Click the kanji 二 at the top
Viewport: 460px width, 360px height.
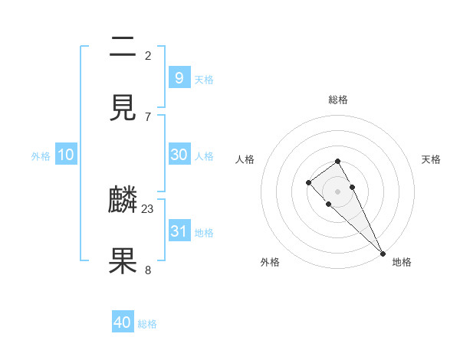pos(123,47)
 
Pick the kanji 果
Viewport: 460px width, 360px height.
pos(123,260)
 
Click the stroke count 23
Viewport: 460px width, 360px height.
pos(148,208)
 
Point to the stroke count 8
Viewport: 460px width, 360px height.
pos(148,270)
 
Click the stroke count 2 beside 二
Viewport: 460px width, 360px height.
pos(148,55)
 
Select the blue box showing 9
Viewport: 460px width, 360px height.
pos(179,77)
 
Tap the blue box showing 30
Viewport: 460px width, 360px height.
pos(179,154)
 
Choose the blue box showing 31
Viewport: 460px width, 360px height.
pos(179,231)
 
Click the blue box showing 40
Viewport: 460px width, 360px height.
pos(123,322)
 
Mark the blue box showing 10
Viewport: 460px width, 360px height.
pos(66,154)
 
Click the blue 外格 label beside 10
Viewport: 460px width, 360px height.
pos(41,155)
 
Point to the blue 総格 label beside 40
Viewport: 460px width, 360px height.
pos(147,324)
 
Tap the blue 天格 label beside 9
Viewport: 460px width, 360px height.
pos(203,79)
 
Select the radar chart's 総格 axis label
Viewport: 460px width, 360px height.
pos(338,100)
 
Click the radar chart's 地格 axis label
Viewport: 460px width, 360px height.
pos(402,262)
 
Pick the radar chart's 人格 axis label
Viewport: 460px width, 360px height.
pos(245,159)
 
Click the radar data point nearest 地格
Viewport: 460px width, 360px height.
pos(382,253)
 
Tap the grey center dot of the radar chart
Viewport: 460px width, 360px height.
pos(337,191)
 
